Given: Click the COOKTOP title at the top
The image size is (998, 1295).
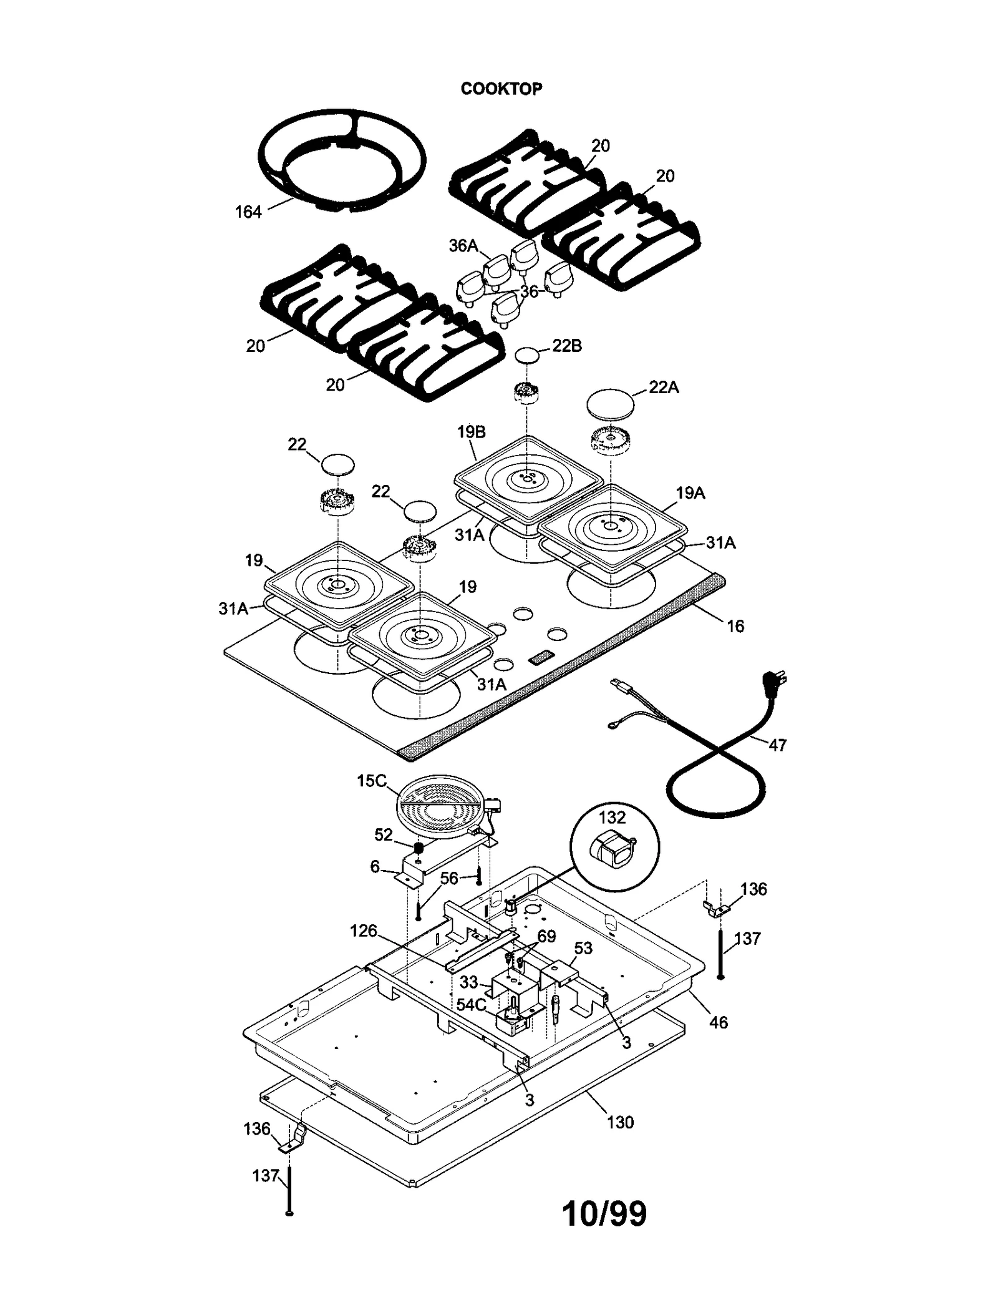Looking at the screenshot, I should pos(501,89).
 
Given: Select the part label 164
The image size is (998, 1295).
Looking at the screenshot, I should pos(248,212).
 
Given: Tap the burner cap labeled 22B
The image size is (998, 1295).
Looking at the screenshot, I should pos(528,356).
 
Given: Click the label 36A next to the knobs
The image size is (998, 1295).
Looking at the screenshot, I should pos(463,246).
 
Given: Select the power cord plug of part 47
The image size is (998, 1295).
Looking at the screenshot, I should pos(773,682).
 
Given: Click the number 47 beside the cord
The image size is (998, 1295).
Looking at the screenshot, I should pos(777,745).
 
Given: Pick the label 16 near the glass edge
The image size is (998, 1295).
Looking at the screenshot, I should pos(735,627).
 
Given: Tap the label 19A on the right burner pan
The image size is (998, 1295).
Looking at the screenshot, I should pos(690,493).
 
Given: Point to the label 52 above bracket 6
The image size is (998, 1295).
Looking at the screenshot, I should pos(383,835).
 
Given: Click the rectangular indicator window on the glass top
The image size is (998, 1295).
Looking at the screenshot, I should pos(541,657).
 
